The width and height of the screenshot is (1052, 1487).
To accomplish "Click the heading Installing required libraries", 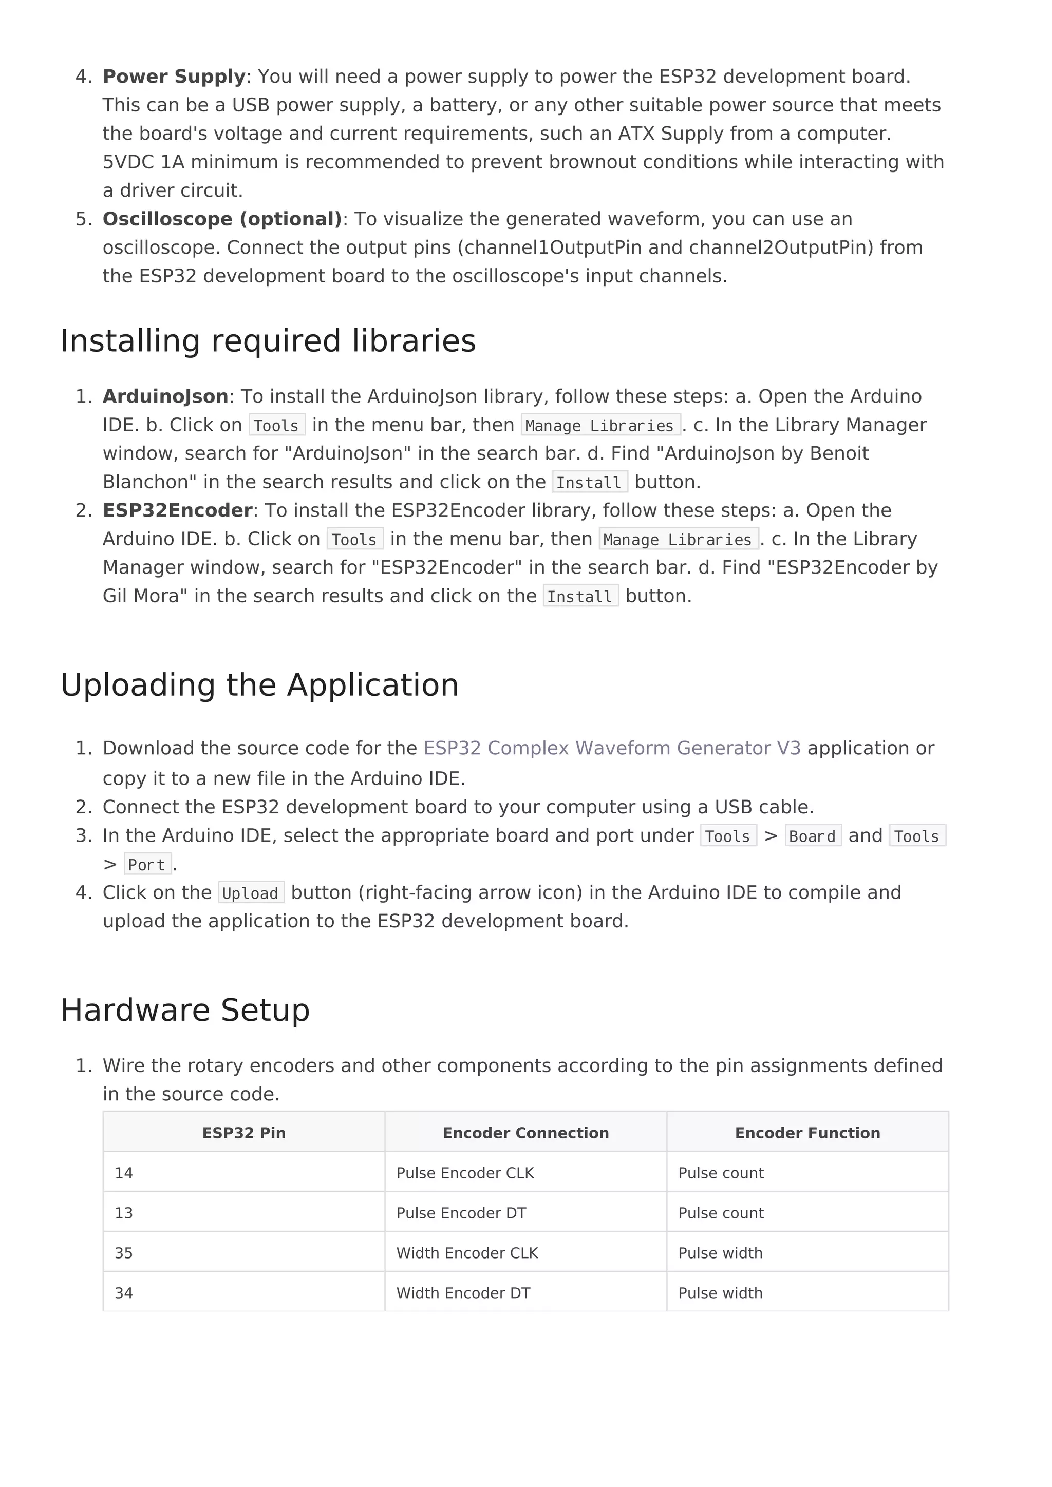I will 268,341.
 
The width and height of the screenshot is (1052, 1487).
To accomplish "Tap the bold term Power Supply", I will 174,77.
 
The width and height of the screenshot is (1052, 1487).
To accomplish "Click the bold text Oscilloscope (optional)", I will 221,219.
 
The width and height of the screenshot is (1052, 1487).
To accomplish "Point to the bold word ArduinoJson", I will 165,396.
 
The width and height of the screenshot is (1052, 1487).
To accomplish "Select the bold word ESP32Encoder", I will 177,510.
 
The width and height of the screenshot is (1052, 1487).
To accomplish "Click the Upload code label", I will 251,893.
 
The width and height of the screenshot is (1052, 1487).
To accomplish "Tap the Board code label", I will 812,836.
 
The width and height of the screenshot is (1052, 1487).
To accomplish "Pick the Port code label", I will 147,865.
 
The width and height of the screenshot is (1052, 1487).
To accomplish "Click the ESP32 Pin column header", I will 243,1133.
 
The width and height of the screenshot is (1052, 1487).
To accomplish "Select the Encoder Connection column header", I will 525,1133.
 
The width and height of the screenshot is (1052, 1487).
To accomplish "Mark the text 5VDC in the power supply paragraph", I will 127,162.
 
